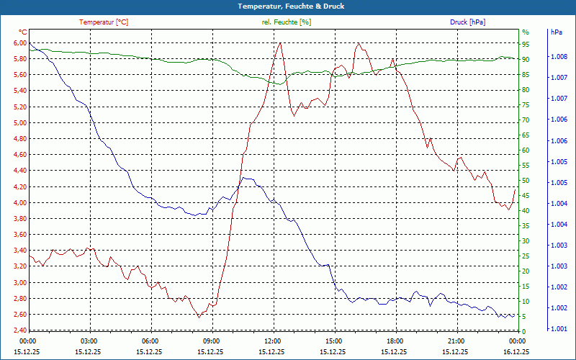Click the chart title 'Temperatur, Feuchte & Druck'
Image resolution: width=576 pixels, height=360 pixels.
pyautogui.click(x=288, y=6)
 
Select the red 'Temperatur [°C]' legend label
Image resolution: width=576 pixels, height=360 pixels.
pyautogui.click(x=104, y=22)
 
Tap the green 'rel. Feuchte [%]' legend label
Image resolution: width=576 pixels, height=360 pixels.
pyautogui.click(x=287, y=22)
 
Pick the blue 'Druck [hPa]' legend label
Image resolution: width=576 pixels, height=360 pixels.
pyautogui.click(x=467, y=22)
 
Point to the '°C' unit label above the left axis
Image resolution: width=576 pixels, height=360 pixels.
pyautogui.click(x=22, y=32)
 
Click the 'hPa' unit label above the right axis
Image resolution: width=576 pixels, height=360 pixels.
pyautogui.click(x=556, y=32)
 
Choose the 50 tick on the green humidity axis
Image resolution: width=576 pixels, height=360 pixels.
pyautogui.click(x=525, y=181)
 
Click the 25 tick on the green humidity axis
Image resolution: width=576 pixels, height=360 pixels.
pyautogui.click(x=525, y=256)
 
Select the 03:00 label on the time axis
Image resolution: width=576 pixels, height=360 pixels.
pyautogui.click(x=89, y=341)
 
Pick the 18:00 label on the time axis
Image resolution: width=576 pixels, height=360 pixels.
pyautogui.click(x=395, y=341)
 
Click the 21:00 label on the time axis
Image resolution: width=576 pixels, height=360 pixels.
pyautogui.click(x=456, y=341)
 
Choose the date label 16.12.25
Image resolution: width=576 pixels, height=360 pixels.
pyautogui.click(x=517, y=352)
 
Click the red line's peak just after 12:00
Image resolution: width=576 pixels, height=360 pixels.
pyautogui.click(x=279, y=42)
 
